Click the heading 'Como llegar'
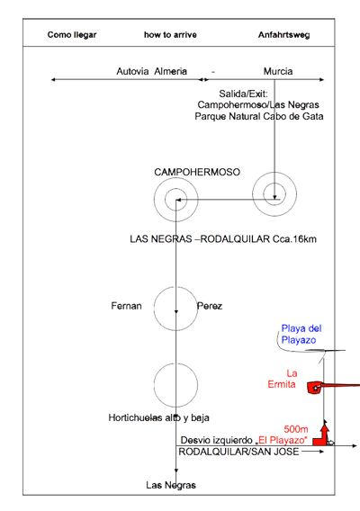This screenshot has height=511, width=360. [x=72, y=35]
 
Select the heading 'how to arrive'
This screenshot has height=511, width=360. [x=170, y=35]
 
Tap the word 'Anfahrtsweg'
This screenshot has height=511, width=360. [x=283, y=35]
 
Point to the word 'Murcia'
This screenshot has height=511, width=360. [x=278, y=71]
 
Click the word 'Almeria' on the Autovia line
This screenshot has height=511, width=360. [x=170, y=71]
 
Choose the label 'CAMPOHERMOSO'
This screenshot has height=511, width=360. [x=197, y=172]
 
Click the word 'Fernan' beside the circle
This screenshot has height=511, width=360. [x=126, y=306]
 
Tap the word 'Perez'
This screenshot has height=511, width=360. [x=210, y=306]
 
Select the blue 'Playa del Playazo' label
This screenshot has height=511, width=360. [x=301, y=334]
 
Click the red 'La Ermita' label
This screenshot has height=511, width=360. [x=283, y=379]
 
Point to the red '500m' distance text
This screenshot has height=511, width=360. [x=296, y=429]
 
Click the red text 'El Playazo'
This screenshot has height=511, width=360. [x=283, y=440]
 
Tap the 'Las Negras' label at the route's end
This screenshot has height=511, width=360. [x=171, y=485]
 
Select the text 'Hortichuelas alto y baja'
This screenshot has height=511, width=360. [x=158, y=417]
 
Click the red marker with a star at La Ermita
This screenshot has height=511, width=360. [x=315, y=388]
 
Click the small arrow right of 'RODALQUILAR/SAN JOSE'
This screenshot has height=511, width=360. [x=312, y=452]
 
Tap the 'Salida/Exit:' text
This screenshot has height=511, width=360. [x=243, y=94]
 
